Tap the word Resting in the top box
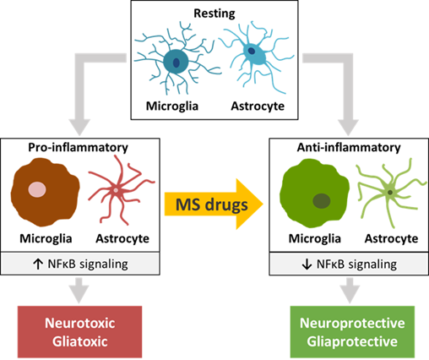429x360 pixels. (x=214, y=14)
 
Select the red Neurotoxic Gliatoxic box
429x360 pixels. (x=80, y=332)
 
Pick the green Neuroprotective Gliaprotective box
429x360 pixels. (x=352, y=332)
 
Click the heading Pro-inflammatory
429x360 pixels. (x=78, y=147)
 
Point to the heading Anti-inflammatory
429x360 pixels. (x=349, y=147)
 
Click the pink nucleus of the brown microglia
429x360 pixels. (x=37, y=189)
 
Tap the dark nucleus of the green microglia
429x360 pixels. (x=322, y=201)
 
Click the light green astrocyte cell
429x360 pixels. (x=390, y=193)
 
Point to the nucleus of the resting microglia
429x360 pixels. (x=176, y=63)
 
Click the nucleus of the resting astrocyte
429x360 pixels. (x=252, y=51)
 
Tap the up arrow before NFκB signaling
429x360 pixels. (x=38, y=265)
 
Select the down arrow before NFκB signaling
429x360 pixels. (x=307, y=265)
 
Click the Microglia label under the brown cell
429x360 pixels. (x=46, y=238)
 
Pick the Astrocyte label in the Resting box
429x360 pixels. (x=258, y=106)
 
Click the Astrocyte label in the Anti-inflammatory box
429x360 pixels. (x=391, y=238)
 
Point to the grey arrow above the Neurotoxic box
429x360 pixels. (x=79, y=290)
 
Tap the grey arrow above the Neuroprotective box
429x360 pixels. (x=350, y=290)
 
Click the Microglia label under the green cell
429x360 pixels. (x=315, y=238)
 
